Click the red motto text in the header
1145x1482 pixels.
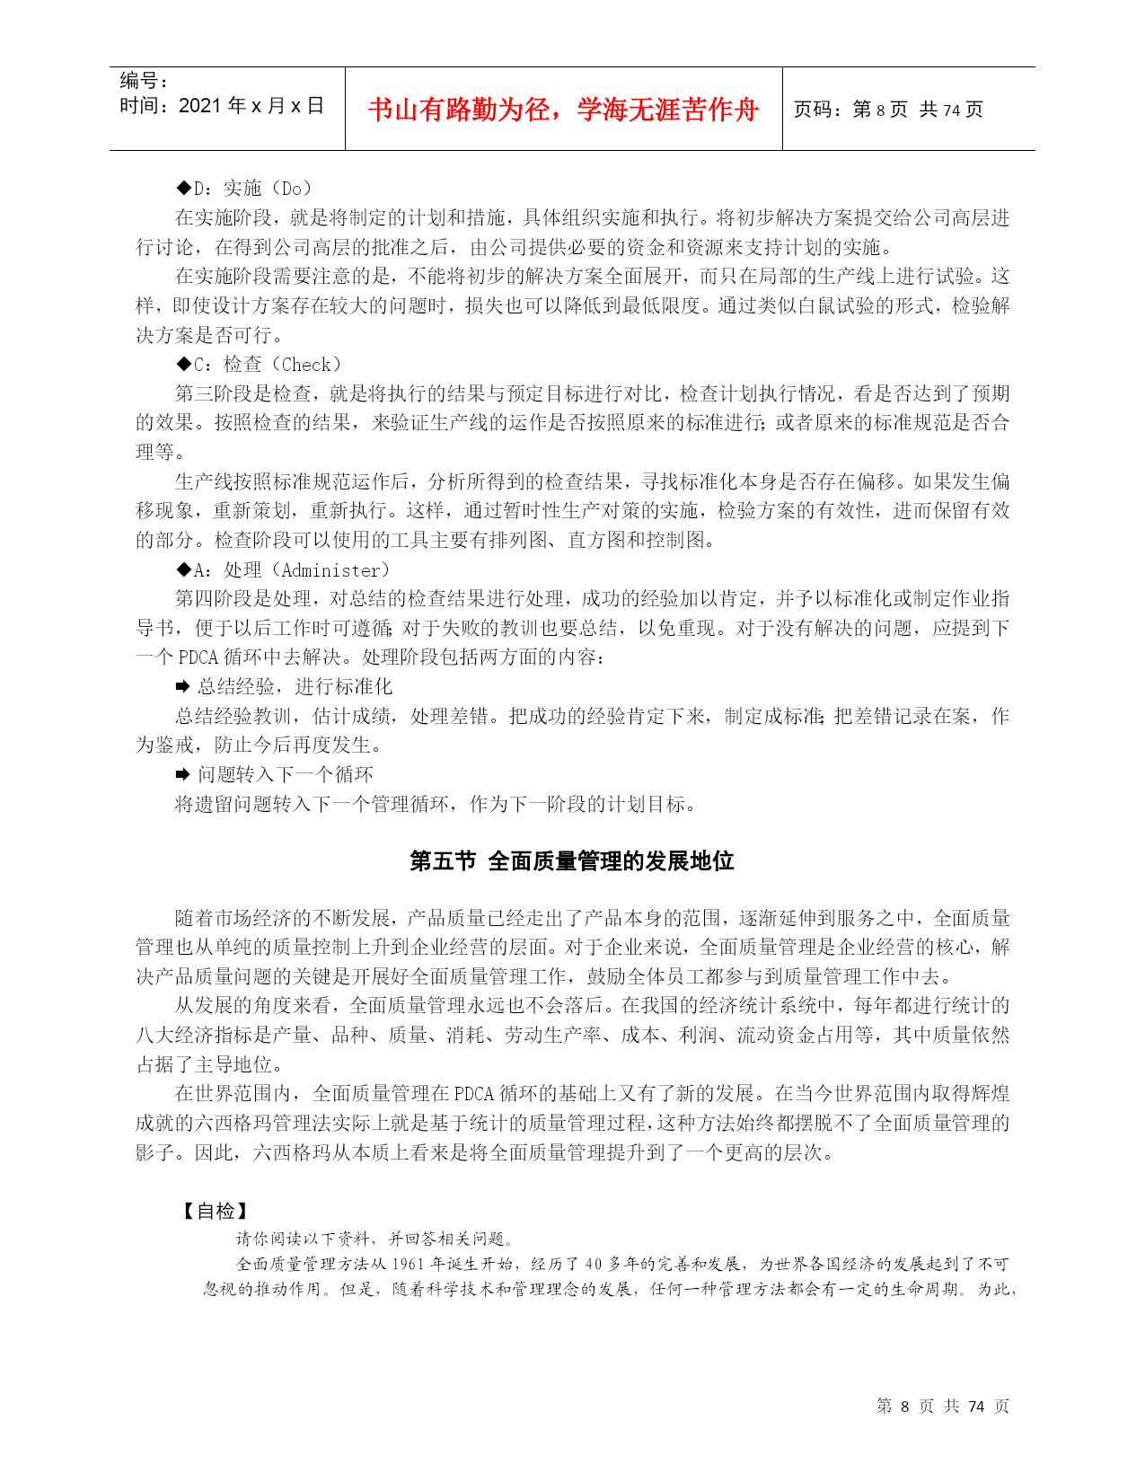[563, 110]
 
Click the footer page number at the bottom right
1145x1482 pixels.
[942, 1406]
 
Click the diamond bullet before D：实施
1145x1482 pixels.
[183, 189]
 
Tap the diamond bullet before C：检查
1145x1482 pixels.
[183, 365]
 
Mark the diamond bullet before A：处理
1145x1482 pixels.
[183, 570]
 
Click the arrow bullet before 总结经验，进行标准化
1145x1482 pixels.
[182, 687]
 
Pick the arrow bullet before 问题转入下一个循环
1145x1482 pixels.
[182, 775]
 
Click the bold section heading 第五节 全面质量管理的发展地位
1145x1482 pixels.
[572, 861]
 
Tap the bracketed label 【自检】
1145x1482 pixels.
[216, 1212]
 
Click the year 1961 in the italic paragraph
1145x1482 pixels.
[408, 1264]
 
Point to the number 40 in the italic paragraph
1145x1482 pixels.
[594, 1264]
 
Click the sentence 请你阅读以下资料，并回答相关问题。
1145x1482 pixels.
[374, 1239]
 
